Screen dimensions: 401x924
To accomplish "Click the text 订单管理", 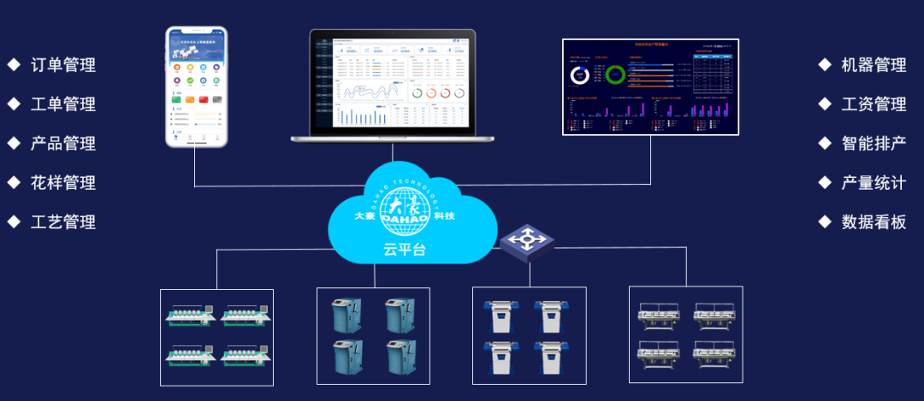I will point(63,65).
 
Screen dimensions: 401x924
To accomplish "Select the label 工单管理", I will point(63,104).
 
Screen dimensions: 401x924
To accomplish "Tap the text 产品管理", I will point(63,144).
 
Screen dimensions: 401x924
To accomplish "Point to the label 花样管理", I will point(63,183).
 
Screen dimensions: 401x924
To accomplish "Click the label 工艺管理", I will point(63,222).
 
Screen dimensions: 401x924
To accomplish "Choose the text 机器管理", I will point(874,65).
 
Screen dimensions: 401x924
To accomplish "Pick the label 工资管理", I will point(874,104).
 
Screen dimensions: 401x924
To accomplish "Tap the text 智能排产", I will point(874,144).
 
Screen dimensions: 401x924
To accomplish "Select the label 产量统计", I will point(874,183).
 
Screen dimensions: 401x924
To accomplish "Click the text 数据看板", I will point(874,222).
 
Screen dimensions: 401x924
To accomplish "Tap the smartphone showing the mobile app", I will point(197,86).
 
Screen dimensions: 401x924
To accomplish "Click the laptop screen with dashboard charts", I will point(394,81).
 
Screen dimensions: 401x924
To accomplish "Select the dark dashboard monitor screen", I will point(649,86).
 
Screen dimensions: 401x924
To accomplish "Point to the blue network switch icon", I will point(527,241).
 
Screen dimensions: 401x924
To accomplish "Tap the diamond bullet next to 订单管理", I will point(14,65).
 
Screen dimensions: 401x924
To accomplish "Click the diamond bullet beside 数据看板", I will point(825,222).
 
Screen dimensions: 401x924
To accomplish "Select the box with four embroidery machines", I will point(217,337).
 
